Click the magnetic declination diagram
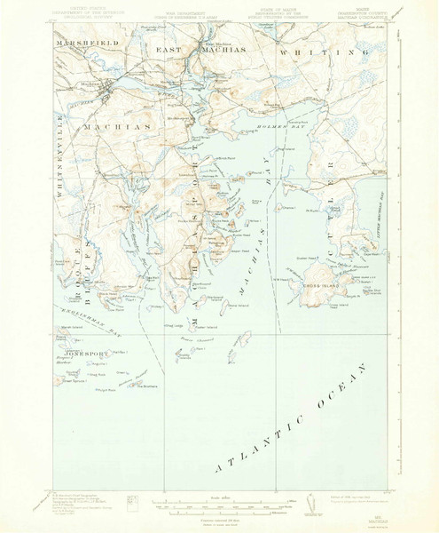[309, 504]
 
